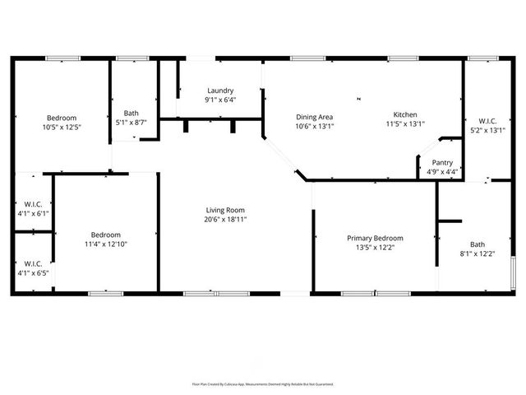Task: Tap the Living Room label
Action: (x=225, y=210)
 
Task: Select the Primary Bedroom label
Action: (x=375, y=238)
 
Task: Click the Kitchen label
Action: (x=404, y=114)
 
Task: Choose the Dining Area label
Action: (x=314, y=117)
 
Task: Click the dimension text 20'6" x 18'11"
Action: (x=225, y=220)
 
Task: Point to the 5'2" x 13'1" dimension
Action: (x=487, y=130)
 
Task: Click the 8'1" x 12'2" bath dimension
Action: (x=478, y=253)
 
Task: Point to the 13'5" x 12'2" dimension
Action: (x=375, y=248)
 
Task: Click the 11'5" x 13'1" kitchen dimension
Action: (x=404, y=125)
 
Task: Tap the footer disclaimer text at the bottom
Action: (x=263, y=383)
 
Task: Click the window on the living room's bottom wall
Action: (x=206, y=293)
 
